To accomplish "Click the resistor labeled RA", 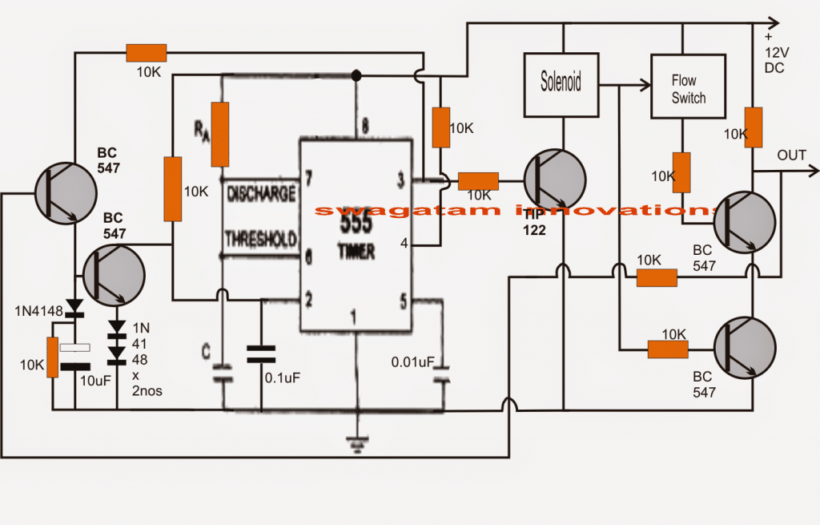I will (x=219, y=134).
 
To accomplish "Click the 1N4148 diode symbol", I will (x=74, y=307).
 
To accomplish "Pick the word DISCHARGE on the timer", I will (x=261, y=194).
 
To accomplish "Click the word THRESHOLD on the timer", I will (x=261, y=239).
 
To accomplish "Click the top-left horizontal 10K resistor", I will (x=146, y=54).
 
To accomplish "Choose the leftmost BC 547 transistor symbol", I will (x=65, y=193).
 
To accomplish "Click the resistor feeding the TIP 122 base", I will (x=478, y=181).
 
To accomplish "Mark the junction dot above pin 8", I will (x=356, y=75).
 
